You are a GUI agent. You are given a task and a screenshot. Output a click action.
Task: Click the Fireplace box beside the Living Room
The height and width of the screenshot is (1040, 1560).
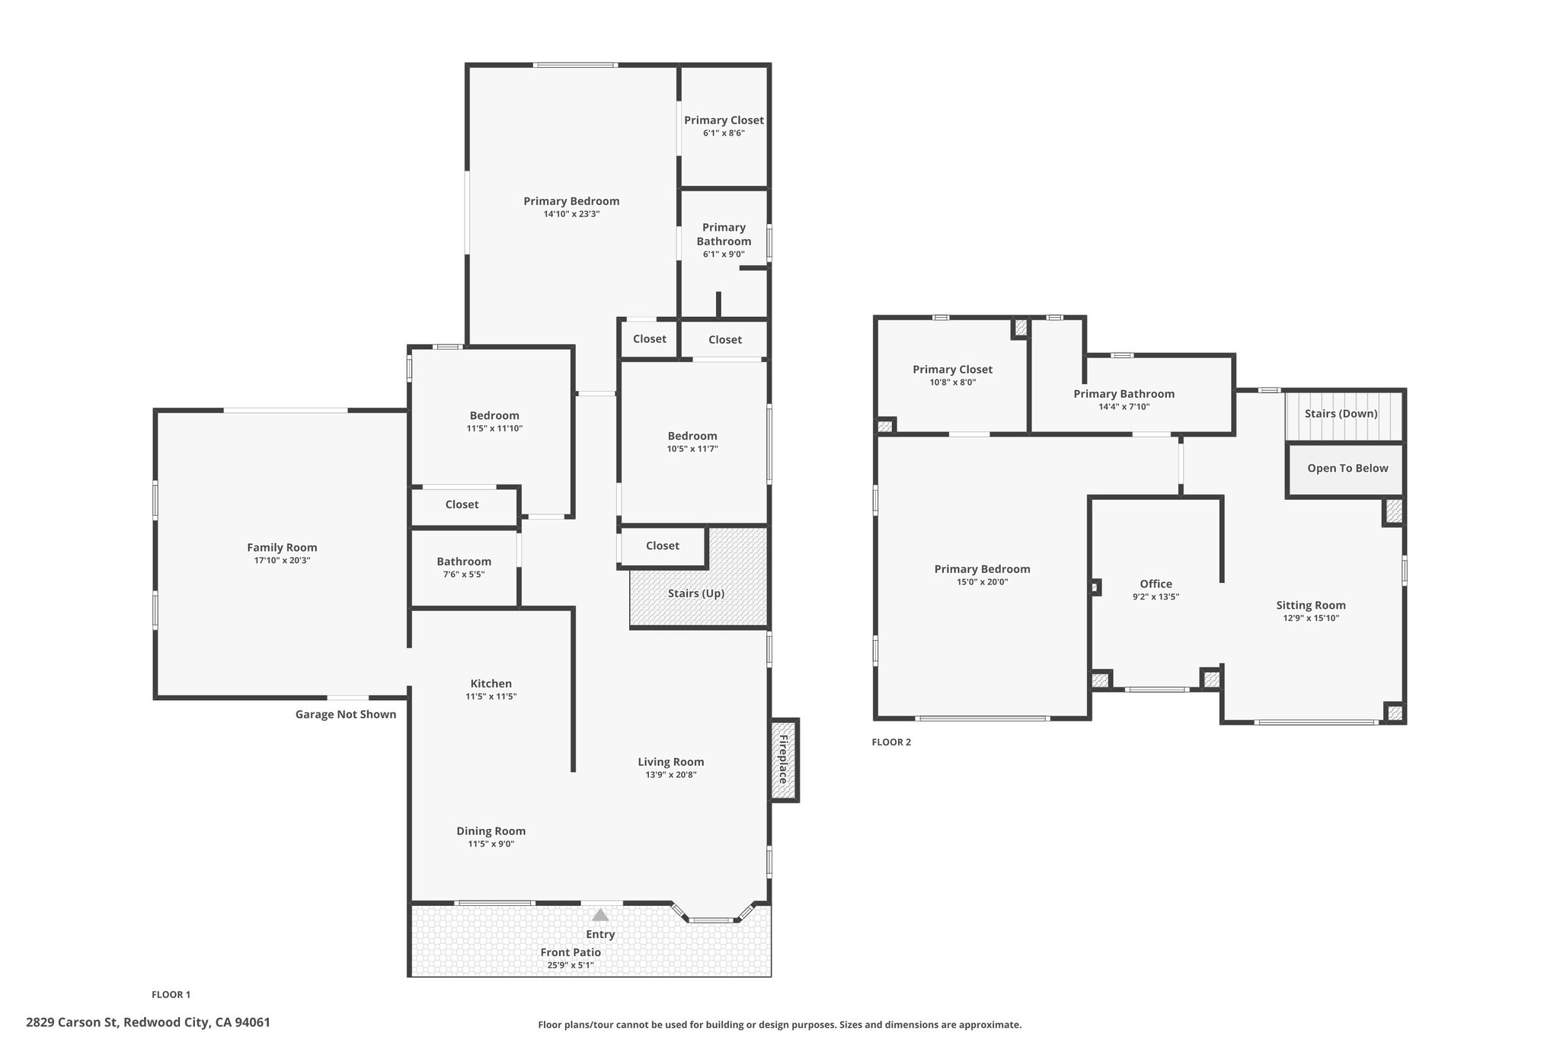point(784,760)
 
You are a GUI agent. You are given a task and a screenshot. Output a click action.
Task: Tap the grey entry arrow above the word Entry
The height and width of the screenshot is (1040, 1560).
point(600,915)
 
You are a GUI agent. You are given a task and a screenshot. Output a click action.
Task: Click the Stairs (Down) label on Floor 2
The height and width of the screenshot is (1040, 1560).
point(1341,414)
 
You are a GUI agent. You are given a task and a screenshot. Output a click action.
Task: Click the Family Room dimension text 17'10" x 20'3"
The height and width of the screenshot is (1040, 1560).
point(282,561)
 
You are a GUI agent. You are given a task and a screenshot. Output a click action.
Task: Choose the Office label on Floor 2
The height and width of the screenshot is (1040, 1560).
point(1156,584)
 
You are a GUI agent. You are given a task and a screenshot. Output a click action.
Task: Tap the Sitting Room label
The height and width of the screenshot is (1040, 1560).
point(1310,606)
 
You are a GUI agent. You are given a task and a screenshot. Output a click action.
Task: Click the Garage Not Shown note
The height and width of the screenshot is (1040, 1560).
point(346,715)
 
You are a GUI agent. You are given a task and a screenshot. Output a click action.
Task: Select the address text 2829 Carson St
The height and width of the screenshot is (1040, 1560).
point(72,1022)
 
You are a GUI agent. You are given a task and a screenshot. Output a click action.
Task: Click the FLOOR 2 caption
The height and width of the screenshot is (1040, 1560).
point(891,742)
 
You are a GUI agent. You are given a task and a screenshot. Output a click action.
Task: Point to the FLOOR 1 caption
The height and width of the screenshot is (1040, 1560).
point(171,994)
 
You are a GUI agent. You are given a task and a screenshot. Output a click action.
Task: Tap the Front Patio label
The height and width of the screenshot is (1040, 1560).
point(571,952)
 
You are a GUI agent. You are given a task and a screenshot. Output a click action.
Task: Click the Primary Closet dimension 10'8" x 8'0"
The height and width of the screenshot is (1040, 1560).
point(952,382)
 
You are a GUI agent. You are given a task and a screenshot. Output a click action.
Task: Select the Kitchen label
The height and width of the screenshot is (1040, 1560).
point(491,684)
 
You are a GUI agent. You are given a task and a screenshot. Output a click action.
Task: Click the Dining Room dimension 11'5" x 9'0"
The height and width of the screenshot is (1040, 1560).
point(491,844)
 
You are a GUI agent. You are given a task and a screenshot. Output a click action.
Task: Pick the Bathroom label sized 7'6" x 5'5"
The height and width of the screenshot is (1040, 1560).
point(464,562)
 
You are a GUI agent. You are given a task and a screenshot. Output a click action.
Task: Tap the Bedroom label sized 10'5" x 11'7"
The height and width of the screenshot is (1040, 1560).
point(692,437)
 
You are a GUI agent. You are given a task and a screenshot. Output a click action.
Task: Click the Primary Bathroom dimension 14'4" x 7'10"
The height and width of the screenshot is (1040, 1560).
point(1124,407)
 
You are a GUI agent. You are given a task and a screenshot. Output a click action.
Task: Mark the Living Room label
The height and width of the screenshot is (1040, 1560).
point(670,762)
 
